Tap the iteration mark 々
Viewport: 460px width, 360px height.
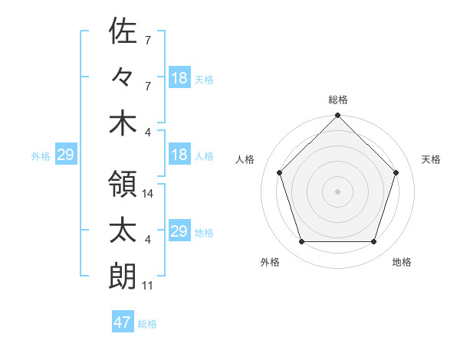click(123, 77)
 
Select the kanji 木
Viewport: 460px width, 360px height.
click(123, 123)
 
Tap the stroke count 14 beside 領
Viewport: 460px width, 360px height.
click(149, 195)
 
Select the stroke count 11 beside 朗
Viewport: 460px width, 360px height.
click(148, 286)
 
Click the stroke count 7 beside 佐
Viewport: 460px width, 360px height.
click(148, 39)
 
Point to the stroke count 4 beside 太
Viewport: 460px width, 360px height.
click(148, 241)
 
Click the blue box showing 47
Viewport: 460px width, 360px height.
click(123, 322)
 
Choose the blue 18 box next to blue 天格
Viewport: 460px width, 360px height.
click(179, 78)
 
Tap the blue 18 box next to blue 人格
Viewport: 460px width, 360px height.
click(179, 155)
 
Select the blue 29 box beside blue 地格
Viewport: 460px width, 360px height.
click(179, 231)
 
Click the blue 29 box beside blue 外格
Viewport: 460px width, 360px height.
click(65, 155)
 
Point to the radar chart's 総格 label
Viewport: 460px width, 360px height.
click(338, 100)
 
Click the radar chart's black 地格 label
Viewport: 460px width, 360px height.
click(402, 262)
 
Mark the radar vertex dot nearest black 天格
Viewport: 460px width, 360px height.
click(396, 172)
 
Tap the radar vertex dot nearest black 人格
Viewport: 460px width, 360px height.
click(280, 172)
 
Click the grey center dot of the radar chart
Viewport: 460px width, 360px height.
click(338, 191)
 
